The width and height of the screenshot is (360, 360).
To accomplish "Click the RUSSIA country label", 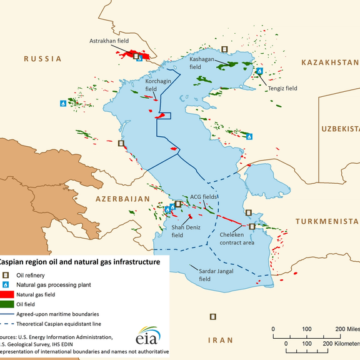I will coord(42,59).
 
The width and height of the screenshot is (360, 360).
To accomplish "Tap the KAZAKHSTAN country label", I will coord(329,62).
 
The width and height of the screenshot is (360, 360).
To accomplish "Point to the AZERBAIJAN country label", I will coord(123,199).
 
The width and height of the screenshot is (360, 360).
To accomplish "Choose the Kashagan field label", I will coord(202,62).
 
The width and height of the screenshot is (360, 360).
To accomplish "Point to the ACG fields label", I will coord(204,196).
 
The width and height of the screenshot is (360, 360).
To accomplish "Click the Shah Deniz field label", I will coord(186,231).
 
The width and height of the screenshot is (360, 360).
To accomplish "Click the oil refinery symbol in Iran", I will coord(213,317).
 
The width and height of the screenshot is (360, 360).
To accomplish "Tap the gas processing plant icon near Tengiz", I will coord(259,72).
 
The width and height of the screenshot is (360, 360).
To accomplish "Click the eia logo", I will coord(147,336).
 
